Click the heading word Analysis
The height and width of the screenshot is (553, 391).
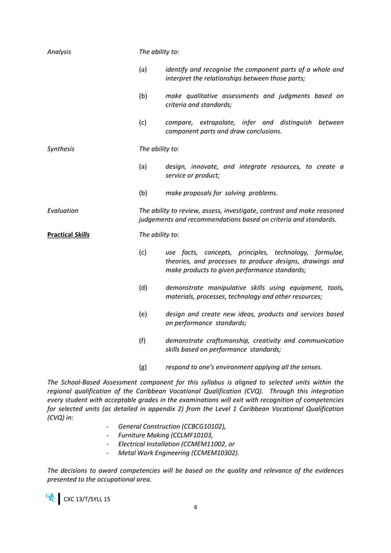click(x=59, y=51)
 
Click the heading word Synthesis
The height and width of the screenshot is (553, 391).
click(x=61, y=148)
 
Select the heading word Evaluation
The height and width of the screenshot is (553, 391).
click(x=63, y=210)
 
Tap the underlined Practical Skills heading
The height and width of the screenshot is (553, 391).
click(x=68, y=235)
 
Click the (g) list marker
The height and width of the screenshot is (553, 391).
click(x=143, y=367)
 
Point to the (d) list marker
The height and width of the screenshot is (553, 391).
click(x=143, y=288)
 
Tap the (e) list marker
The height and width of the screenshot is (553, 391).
click(x=143, y=314)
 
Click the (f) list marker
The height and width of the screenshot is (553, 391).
click(x=143, y=340)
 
